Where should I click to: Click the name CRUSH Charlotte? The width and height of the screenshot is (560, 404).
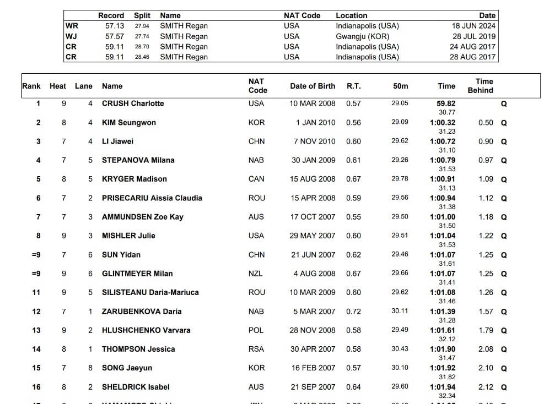133,103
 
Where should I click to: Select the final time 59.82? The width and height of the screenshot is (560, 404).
446,103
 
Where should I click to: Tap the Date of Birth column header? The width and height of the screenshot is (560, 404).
313,86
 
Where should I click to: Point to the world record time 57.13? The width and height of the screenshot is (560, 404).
115,26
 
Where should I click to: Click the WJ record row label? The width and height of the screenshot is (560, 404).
72,36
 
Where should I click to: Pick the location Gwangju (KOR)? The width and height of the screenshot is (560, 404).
362,36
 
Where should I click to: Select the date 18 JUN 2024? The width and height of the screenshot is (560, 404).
473,26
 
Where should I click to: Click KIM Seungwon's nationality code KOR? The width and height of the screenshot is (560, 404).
256,123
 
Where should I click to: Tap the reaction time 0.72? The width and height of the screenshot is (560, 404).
354,312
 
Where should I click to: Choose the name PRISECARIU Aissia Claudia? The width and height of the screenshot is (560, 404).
152,198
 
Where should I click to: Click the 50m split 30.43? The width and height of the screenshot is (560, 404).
400,349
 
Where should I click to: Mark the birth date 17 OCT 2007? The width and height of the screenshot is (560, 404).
313,217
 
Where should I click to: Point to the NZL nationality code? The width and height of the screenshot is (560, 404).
256,274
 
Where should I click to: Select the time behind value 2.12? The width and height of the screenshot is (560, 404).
486,387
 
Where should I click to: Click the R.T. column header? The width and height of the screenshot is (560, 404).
354,86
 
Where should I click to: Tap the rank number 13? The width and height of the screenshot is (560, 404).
36,330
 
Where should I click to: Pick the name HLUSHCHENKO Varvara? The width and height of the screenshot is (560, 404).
146,330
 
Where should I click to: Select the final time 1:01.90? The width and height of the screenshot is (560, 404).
443,349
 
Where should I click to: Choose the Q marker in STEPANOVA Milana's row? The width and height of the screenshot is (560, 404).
504,161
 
